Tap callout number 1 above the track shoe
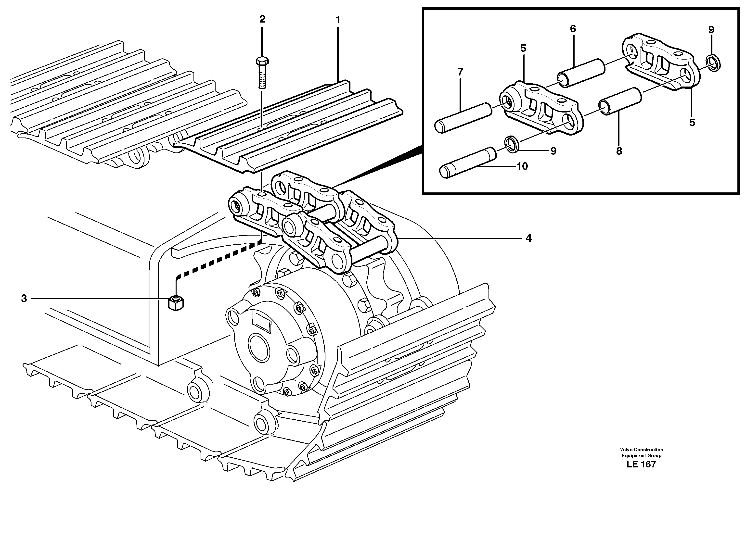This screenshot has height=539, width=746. (x=337, y=20)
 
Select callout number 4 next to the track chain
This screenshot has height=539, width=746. (x=528, y=238)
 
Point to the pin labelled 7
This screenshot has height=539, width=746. (x=463, y=118)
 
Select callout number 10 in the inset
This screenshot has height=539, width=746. (x=522, y=166)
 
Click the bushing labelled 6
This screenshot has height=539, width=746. (x=581, y=73)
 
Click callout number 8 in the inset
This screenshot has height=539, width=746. (x=619, y=151)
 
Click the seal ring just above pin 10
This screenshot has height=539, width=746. (x=512, y=144)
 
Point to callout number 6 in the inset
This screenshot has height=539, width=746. (x=573, y=29)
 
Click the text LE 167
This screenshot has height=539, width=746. (x=641, y=464)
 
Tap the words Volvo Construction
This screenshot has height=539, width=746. (x=641, y=450)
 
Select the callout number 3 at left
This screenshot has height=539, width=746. (x=24, y=299)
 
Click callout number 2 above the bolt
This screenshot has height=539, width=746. (x=262, y=19)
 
